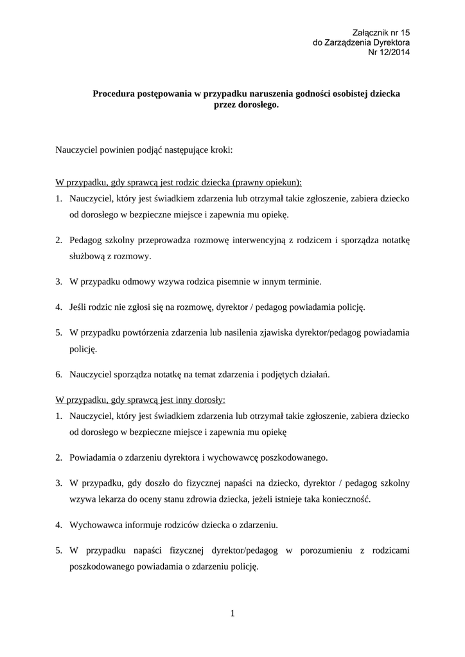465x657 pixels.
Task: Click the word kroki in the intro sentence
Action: (x=220, y=150)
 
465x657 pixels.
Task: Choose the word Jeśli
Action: (x=79, y=307)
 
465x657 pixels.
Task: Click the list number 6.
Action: (x=58, y=374)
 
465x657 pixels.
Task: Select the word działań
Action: (x=313, y=374)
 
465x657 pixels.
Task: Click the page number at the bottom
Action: (x=232, y=614)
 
